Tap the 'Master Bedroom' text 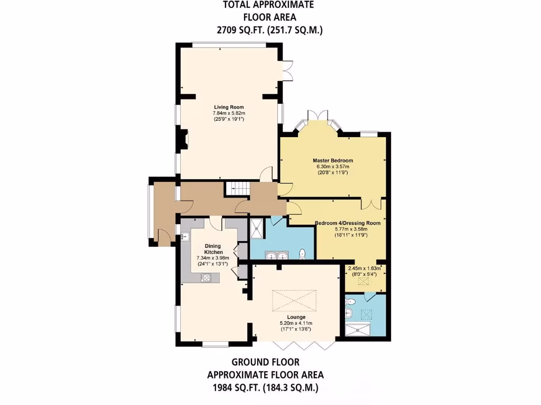click(332, 160)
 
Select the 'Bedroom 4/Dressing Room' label click(348, 223)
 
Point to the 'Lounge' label click(296, 317)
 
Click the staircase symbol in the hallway click(237, 188)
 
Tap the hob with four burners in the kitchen click(206, 277)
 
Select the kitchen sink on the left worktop click(185, 237)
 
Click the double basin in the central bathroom click(277, 256)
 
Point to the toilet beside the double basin click(302, 254)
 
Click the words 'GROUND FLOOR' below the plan click(265, 362)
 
